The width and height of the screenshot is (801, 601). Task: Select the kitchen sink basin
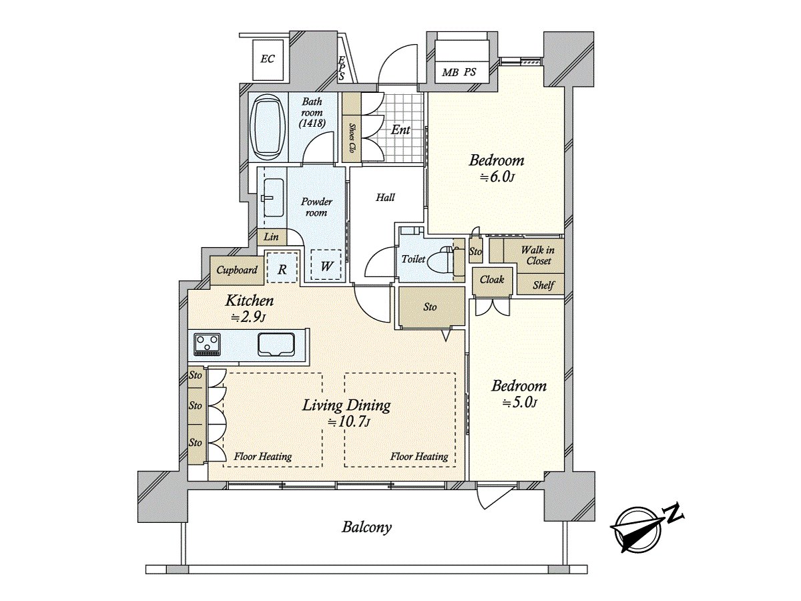[276, 344]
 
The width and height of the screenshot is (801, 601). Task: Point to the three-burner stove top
[207, 344]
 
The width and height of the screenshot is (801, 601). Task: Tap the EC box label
[268, 59]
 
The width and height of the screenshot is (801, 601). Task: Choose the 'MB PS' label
[459, 72]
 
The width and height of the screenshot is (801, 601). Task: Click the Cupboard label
[237, 270]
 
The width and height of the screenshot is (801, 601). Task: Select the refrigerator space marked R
[282, 268]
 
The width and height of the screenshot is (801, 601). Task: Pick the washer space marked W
[326, 265]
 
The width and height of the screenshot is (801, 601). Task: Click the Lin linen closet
[272, 237]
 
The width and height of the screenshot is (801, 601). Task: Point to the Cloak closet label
[491, 280]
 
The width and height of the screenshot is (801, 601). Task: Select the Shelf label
[543, 285]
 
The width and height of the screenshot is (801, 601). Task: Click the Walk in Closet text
[538, 256]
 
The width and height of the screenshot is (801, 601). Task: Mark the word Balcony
[366, 528]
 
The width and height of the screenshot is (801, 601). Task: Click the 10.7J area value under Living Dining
[349, 422]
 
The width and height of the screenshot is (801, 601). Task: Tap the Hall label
[385, 198]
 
